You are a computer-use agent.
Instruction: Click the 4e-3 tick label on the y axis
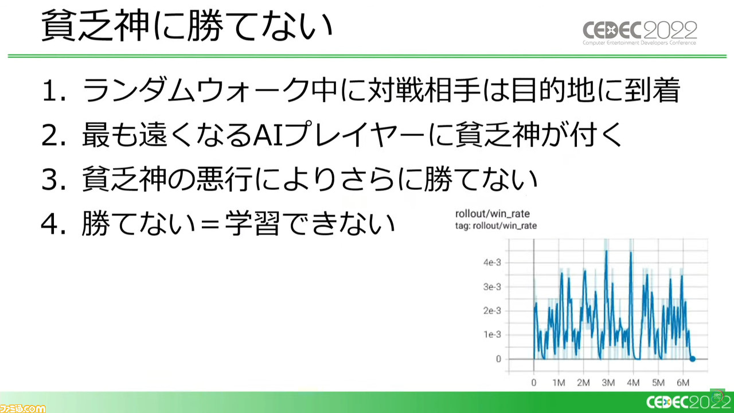[x=492, y=263]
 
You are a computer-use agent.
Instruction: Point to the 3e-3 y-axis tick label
[x=492, y=287]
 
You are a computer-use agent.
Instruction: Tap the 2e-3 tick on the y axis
[x=492, y=310]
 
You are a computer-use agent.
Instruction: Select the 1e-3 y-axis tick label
[x=492, y=334]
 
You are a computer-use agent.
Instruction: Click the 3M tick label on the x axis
[x=608, y=383]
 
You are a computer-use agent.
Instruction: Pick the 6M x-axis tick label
[x=683, y=383]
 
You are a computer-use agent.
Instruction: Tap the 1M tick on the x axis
[x=559, y=383]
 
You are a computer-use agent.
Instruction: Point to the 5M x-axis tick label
[x=658, y=383]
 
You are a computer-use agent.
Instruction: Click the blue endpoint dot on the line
[x=692, y=359]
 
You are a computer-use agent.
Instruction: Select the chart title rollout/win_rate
[x=493, y=214]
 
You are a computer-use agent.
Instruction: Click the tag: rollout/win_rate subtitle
[x=496, y=226]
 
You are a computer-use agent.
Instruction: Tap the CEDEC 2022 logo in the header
[x=639, y=33]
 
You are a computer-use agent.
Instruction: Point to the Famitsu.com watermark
[x=22, y=408]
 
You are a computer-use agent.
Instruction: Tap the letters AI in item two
[x=267, y=135]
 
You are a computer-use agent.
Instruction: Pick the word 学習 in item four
[x=252, y=224]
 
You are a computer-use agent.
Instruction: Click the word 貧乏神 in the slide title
[x=96, y=26]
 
